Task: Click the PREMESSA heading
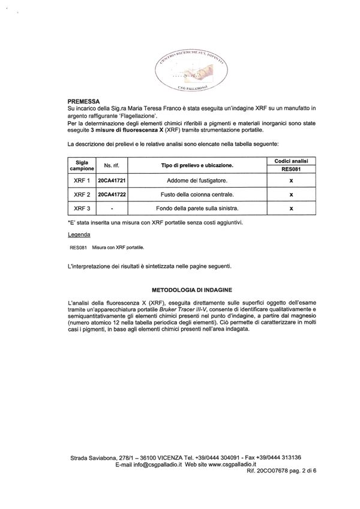coord(84,101)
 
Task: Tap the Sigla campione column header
coord(82,165)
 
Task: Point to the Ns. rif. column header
coord(112,165)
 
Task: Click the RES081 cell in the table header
coord(290,169)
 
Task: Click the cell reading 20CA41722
coord(112,195)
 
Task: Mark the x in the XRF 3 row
coord(290,209)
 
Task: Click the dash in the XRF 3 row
coord(112,209)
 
